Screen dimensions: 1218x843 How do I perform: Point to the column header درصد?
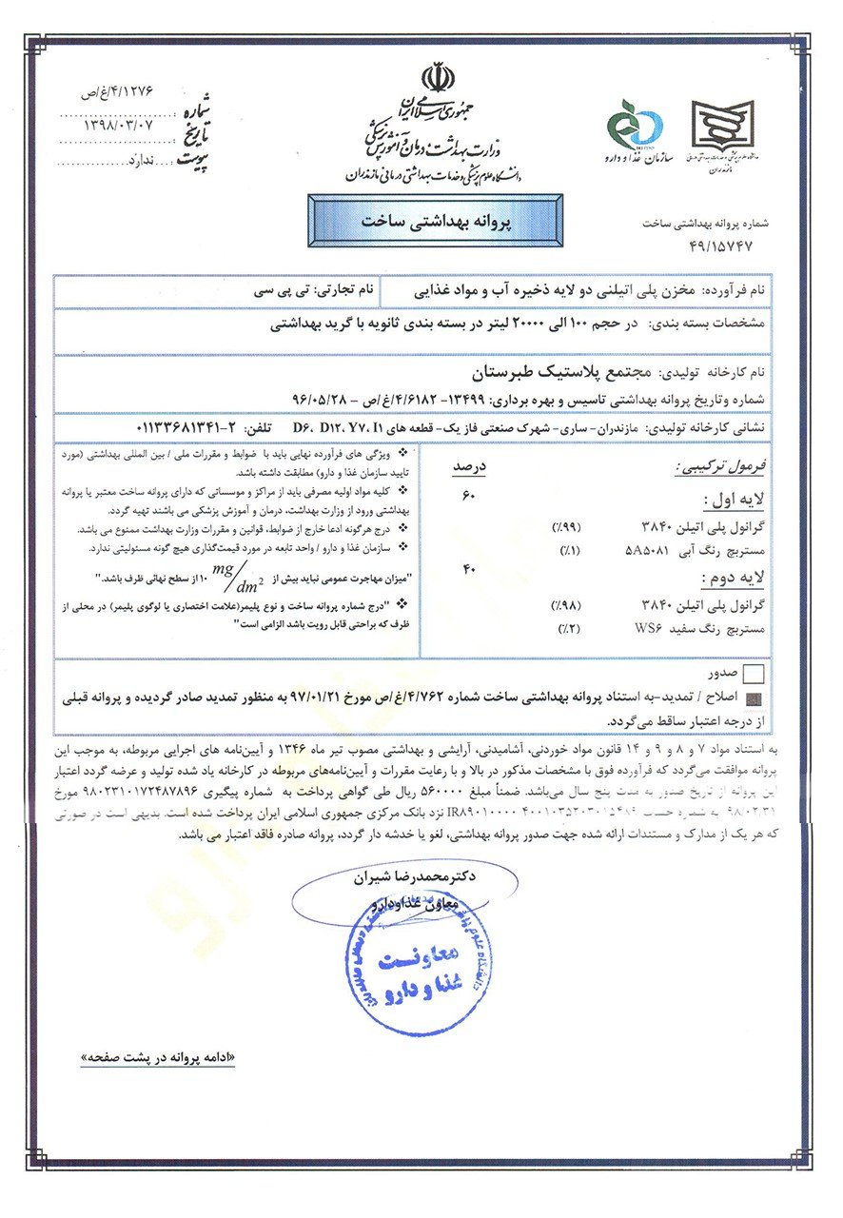click(467, 467)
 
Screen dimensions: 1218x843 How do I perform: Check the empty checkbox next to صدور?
click(755, 675)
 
